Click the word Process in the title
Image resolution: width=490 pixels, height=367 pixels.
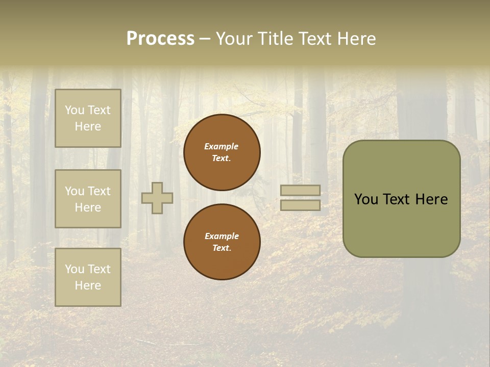point(160,39)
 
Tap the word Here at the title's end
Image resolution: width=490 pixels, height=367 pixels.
point(356,39)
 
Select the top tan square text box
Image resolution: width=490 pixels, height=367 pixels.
point(88,118)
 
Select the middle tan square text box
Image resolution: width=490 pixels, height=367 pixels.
point(88,199)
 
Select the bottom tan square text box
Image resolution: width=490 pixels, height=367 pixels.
point(88,277)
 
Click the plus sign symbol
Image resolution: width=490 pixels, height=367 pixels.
point(157,198)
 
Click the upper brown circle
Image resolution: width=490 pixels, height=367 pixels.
point(222,152)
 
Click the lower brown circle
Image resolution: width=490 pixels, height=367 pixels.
point(222,242)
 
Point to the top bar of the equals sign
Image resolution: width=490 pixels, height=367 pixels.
point(301,191)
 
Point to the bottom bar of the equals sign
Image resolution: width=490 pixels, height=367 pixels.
point(301,205)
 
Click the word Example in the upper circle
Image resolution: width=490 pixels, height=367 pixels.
point(222,146)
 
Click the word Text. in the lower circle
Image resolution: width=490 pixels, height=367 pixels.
point(222,248)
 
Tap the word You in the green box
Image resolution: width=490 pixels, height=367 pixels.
point(366,199)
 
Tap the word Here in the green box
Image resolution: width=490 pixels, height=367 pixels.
point(431,199)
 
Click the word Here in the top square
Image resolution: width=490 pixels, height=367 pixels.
point(88,126)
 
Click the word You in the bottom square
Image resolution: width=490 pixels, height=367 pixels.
point(75,269)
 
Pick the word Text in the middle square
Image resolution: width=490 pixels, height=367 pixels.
point(99,191)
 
